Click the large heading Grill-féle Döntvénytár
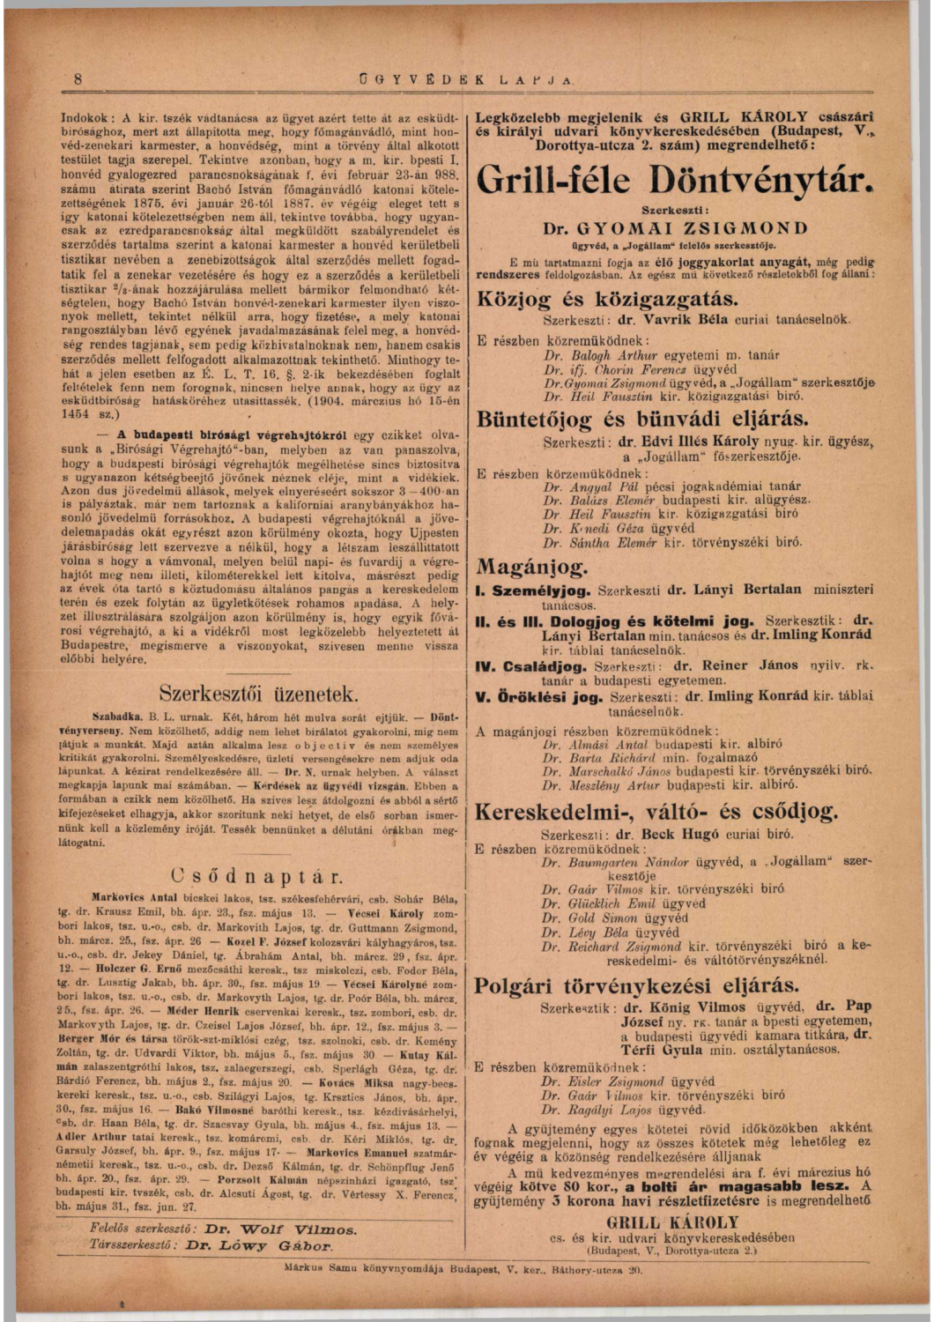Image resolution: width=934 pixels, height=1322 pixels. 674,181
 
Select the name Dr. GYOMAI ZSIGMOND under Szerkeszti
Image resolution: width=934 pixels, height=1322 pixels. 674,229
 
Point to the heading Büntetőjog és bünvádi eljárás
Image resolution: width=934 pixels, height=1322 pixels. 642,419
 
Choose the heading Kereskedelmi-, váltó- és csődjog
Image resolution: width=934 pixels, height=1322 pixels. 656,811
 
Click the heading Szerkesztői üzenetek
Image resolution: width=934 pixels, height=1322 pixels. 258,692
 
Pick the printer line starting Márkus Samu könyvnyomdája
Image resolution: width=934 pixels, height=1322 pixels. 464,1270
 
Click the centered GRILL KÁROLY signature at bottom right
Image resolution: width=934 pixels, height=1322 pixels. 672,1222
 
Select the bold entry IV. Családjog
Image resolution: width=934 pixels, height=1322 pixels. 532,666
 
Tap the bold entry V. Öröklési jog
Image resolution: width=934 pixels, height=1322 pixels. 539,697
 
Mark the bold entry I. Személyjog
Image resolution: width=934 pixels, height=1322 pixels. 535,590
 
